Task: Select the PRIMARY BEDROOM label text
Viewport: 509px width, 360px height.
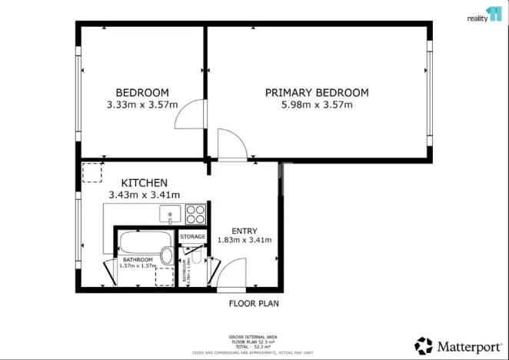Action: pyautogui.click(x=317, y=92)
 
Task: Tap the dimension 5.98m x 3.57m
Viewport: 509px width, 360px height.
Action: pyautogui.click(x=317, y=105)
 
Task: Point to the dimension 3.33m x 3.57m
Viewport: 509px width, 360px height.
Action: pyautogui.click(x=142, y=105)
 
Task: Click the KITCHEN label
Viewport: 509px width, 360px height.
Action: pyautogui.click(x=144, y=182)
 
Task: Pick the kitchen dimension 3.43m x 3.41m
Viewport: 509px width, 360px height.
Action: pyautogui.click(x=144, y=195)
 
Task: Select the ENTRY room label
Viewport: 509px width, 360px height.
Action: pyautogui.click(x=245, y=231)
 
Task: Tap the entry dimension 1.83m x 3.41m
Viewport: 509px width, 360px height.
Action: pyautogui.click(x=245, y=240)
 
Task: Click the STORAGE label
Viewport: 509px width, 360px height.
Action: pyautogui.click(x=193, y=237)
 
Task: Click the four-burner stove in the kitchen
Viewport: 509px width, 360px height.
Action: pyautogui.click(x=195, y=213)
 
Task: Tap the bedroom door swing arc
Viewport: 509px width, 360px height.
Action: pyautogui.click(x=189, y=116)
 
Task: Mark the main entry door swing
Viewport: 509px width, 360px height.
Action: pyautogui.click(x=230, y=275)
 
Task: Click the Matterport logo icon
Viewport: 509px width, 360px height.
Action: pyautogui.click(x=424, y=345)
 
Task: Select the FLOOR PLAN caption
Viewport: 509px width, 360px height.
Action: pyautogui.click(x=254, y=304)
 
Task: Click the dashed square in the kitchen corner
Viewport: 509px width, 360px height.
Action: pyautogui.click(x=92, y=172)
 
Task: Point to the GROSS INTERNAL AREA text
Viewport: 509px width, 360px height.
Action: pyautogui.click(x=254, y=338)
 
